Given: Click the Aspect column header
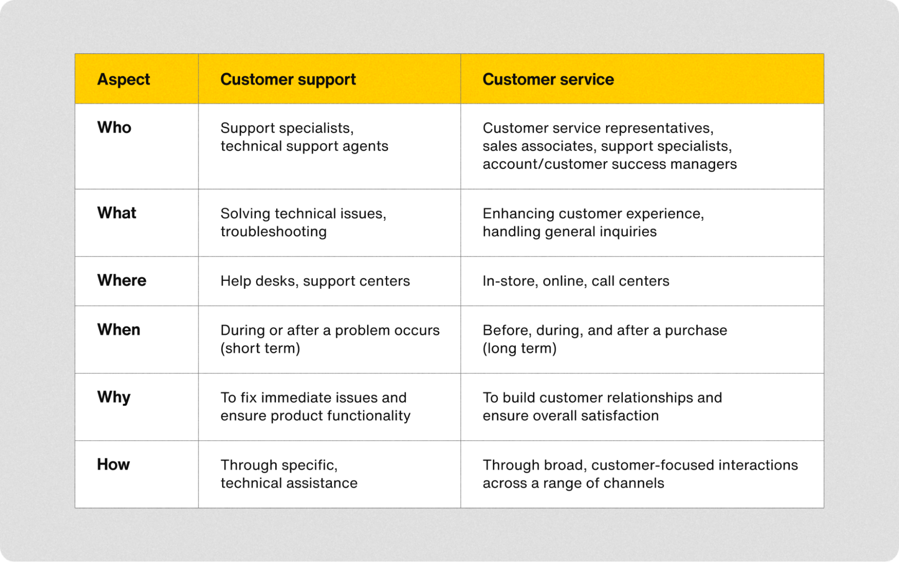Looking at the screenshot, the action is tap(124, 80).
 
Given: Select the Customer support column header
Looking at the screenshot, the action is tap(288, 80).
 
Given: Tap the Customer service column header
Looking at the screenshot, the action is tap(548, 80).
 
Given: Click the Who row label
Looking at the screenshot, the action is tap(114, 128).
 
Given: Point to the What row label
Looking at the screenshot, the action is tap(116, 213).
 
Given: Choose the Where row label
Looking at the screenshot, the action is tap(122, 280).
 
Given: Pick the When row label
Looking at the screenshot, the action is tap(119, 330).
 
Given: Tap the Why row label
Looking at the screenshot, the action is tap(114, 397).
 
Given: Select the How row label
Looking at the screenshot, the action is tap(113, 464).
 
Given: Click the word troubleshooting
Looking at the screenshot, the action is tap(273, 232).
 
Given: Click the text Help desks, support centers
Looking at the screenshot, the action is tap(315, 281).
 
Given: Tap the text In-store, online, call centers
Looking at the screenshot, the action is tap(576, 281).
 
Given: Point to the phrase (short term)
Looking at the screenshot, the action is tap(260, 348).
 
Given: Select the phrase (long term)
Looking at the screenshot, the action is tap(519, 348).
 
